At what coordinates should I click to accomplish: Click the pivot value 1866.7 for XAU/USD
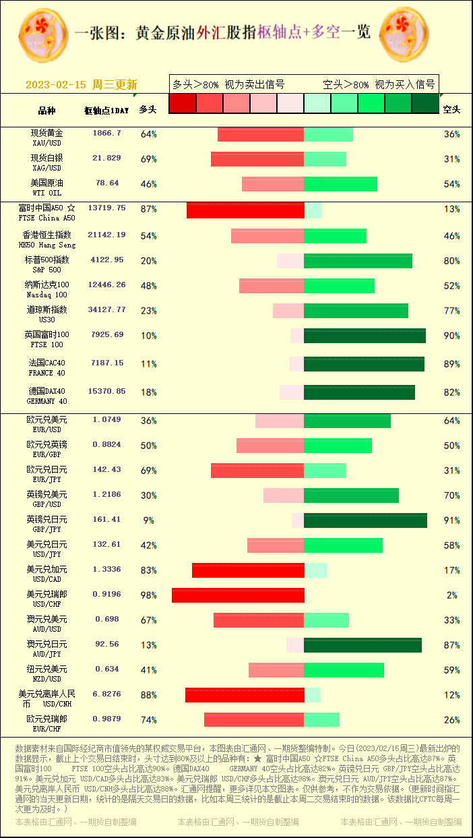point(107,133)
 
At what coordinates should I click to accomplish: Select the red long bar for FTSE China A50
point(245,210)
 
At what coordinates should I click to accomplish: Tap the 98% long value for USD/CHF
point(148,595)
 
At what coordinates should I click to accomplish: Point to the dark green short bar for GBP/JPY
point(365,520)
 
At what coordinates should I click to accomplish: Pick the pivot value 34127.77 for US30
point(107,310)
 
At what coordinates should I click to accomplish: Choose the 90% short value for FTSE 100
point(451,336)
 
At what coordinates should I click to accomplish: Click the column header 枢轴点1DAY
point(106,110)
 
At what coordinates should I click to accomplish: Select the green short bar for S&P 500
point(358,261)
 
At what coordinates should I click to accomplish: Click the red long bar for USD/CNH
point(245,695)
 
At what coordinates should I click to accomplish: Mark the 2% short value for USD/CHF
point(451,595)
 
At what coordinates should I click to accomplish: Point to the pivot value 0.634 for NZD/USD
point(107,669)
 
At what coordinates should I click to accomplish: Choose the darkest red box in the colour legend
point(183,103)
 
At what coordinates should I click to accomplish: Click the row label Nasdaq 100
point(46,289)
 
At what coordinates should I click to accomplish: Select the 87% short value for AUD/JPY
point(451,645)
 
